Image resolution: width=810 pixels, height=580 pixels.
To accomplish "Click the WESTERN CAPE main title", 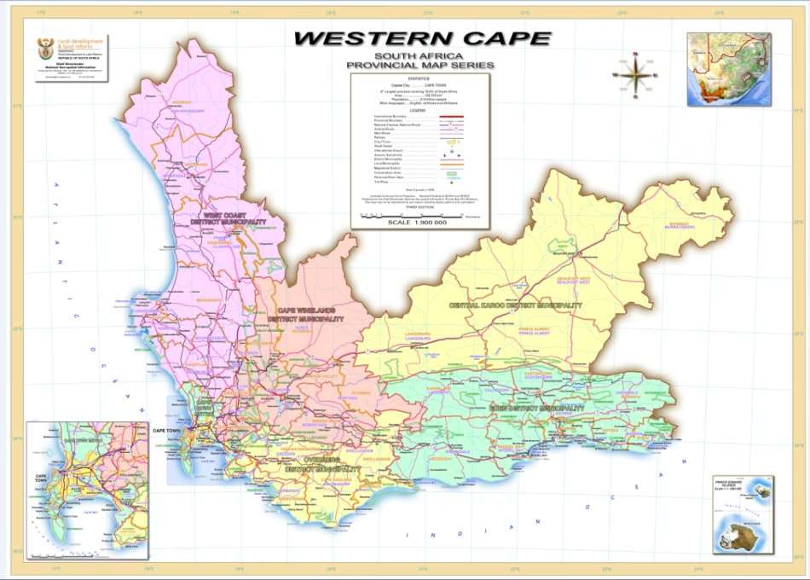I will click(423, 39).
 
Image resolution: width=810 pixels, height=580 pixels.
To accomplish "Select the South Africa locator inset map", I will click(729, 68).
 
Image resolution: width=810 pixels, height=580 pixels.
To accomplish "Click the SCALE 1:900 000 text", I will click(417, 223).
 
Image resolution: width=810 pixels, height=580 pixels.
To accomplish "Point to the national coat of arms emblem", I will click(43, 48).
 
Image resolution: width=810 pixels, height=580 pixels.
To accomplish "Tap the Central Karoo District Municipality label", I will click(510, 304).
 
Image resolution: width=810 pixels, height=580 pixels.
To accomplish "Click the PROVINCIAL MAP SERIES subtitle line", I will click(419, 65).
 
